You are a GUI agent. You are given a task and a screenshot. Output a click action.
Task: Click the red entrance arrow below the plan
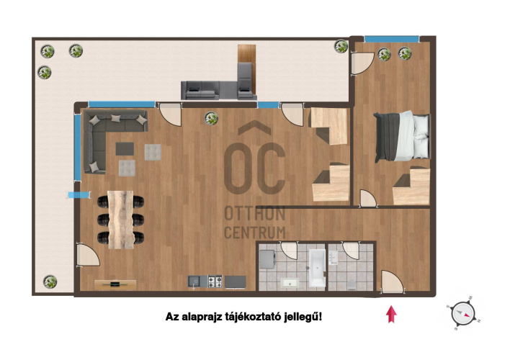pyautogui.click(x=391, y=314)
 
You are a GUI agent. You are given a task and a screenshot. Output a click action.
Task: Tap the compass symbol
pyautogui.click(x=463, y=313)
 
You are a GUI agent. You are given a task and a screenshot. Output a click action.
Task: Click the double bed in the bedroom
pyautogui.click(x=402, y=136)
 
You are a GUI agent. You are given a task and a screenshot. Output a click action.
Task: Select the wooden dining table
pyautogui.click(x=121, y=220)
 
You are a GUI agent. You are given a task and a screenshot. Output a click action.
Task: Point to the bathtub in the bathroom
pyautogui.click(x=317, y=268)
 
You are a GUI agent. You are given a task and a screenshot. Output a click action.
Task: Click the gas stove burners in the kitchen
pyautogui.click(x=215, y=282)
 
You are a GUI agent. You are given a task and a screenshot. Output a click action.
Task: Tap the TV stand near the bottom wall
pyautogui.click(x=115, y=284)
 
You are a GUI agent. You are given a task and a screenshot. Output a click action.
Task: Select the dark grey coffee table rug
pyautogui.click(x=125, y=148)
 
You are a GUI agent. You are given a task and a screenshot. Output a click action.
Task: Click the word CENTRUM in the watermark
pyautogui.click(x=255, y=233)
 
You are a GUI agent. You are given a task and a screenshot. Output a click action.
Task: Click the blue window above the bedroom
pyautogui.click(x=392, y=40)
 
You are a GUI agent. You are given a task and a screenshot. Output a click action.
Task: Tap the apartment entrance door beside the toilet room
pyautogui.click(x=392, y=282)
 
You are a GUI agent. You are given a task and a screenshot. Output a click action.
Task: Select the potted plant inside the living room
pyautogui.click(x=211, y=118)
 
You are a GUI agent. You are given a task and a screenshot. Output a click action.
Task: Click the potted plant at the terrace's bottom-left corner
pyautogui.click(x=50, y=282)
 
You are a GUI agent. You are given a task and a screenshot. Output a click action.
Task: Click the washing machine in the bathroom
pyautogui.click(x=267, y=259)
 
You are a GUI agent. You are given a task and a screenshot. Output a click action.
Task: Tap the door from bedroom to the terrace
pyautogui.click(x=362, y=63)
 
